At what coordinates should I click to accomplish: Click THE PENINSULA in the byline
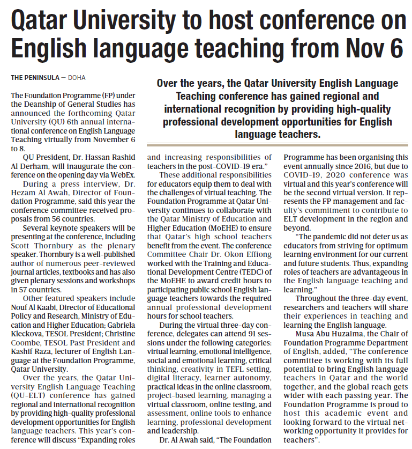pyautogui.click(x=35, y=78)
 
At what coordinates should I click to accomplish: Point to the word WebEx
pyautogui.click(x=124, y=174)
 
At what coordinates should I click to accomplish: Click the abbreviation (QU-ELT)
pyautogui.click(x=26, y=396)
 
